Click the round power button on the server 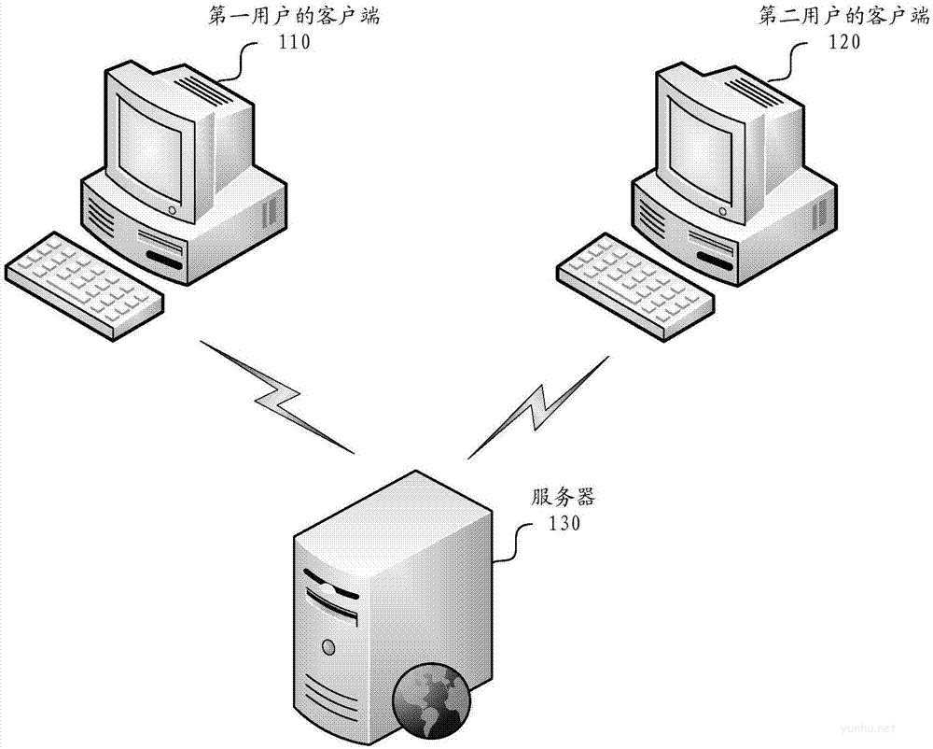327,644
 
